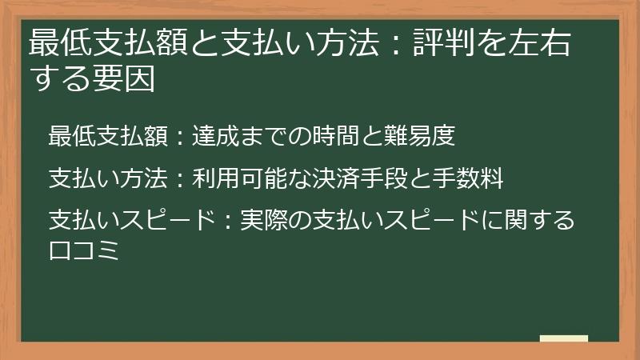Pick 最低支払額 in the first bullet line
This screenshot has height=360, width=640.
click(108, 136)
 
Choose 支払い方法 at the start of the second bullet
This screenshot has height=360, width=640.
click(108, 178)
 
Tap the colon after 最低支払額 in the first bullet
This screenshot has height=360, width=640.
click(180, 137)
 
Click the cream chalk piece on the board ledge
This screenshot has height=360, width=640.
click(563, 338)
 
